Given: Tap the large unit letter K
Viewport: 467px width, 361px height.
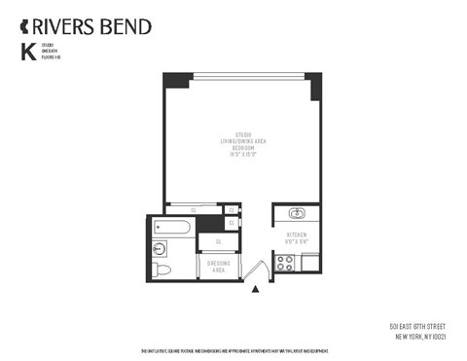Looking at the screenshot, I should [26, 54].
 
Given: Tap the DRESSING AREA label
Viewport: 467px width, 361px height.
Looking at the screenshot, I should [217, 266].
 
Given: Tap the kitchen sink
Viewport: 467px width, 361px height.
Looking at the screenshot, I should [297, 214].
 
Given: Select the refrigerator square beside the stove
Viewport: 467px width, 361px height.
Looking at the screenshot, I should [309, 261].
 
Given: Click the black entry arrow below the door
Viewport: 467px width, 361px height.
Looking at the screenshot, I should [256, 289].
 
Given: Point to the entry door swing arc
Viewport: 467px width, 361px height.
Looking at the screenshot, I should [260, 270].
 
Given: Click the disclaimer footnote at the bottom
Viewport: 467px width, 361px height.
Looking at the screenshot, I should [233, 350].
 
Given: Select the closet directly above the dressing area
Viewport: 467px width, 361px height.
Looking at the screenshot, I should [218, 241].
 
